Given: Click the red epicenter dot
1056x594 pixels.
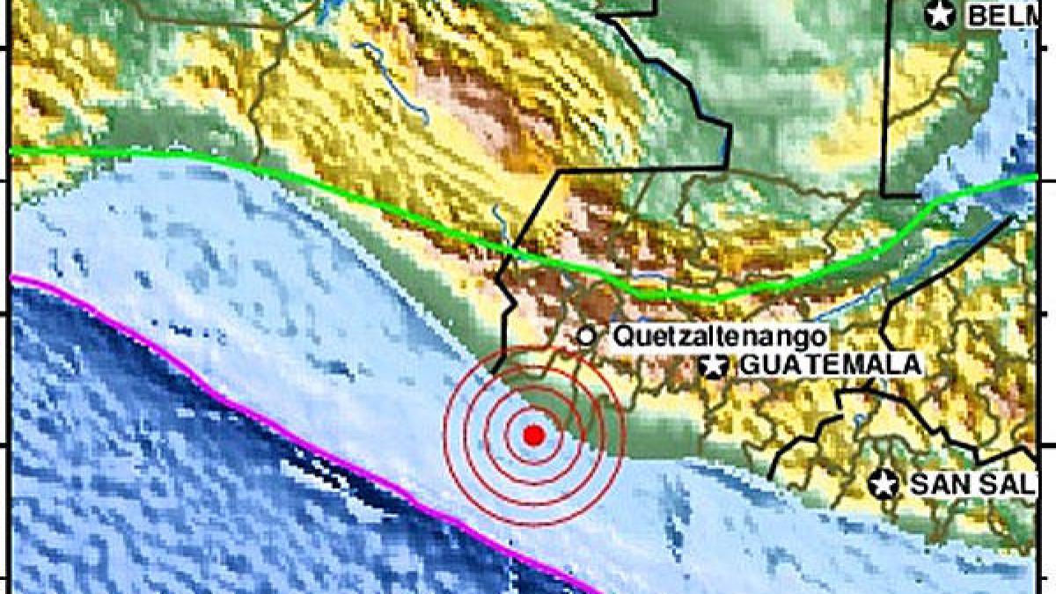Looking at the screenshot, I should click(x=533, y=435).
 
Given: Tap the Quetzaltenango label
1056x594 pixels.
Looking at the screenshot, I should click(x=719, y=335).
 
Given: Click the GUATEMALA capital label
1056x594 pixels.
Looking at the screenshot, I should click(x=827, y=365).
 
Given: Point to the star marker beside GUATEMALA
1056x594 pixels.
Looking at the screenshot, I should click(x=714, y=365).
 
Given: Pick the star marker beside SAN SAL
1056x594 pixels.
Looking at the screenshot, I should click(x=883, y=482).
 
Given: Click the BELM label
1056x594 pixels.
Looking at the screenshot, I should click(x=998, y=15).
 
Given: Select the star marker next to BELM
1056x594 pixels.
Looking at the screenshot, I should click(x=940, y=14).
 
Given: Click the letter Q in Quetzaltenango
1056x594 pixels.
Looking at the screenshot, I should click(x=620, y=335).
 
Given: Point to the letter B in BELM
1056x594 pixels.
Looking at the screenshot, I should click(x=975, y=15).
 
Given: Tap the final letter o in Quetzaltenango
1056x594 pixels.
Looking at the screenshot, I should click(x=818, y=336).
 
